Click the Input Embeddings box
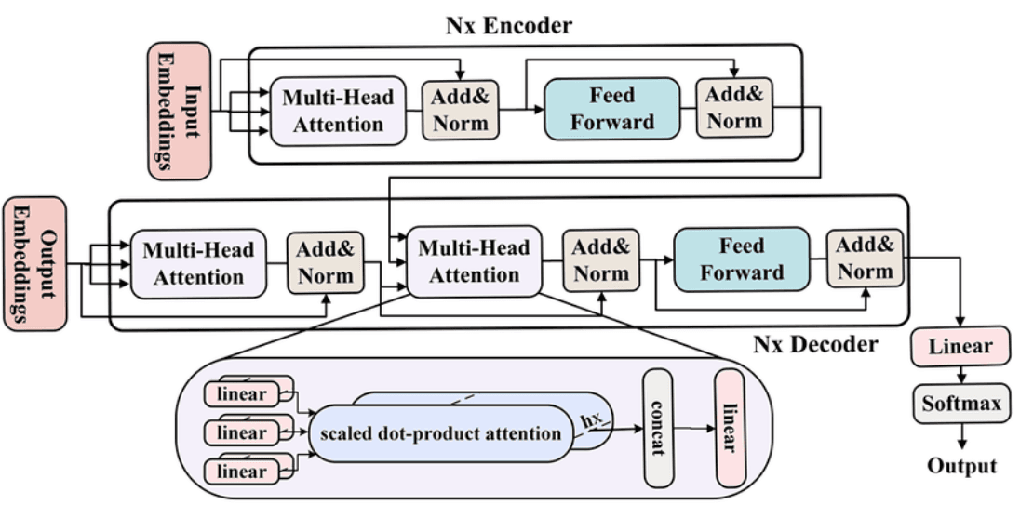pyautogui.click(x=179, y=110)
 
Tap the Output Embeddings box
pyautogui.click(x=35, y=263)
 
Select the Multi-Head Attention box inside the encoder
pyautogui.click(x=337, y=111)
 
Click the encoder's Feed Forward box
pyautogui.click(x=611, y=108)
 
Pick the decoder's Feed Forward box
pyautogui.click(x=741, y=259)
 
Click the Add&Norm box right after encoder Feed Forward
pyautogui.click(x=734, y=108)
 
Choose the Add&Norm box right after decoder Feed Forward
pyautogui.click(x=865, y=259)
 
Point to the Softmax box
pyautogui.click(x=960, y=404)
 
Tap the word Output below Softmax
pyautogui.click(x=961, y=466)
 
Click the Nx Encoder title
pyautogui.click(x=508, y=24)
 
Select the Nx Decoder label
pyautogui.click(x=814, y=345)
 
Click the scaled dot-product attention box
pyautogui.click(x=440, y=433)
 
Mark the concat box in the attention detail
pyautogui.click(x=658, y=429)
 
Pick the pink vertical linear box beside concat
pyautogui.click(x=729, y=428)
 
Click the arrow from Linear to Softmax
pyautogui.click(x=960, y=374)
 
